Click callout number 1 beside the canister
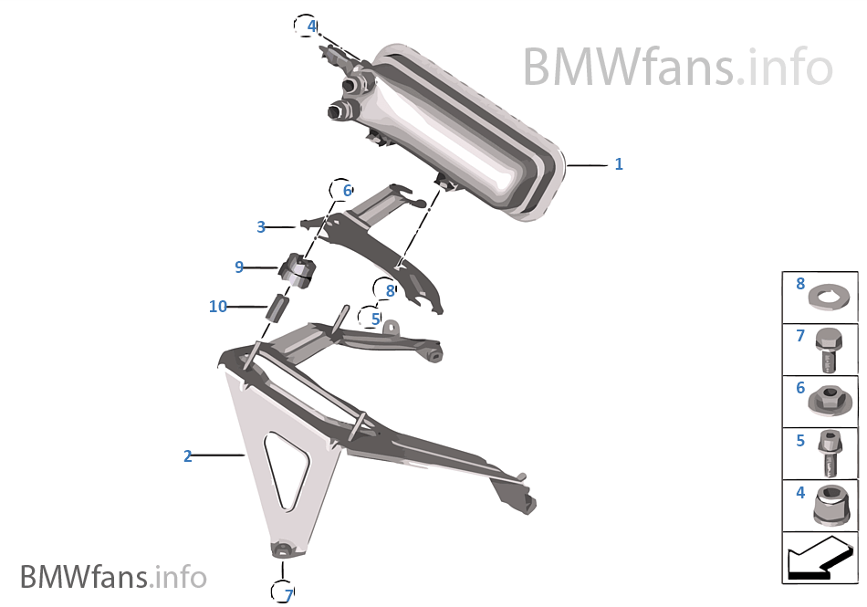[x=619, y=164]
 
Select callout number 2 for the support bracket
[x=188, y=456]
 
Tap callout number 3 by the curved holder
[x=261, y=226]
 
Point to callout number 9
[x=239, y=267]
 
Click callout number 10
[x=217, y=307]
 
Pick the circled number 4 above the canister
[x=311, y=26]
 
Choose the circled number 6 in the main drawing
[x=346, y=191]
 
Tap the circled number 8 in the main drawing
[x=390, y=290]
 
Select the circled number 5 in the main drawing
[x=375, y=319]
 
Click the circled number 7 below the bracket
[x=287, y=595]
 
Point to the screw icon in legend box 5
[x=830, y=454]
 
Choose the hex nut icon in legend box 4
[x=830, y=505]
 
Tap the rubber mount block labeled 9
[x=296, y=268]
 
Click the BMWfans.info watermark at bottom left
[x=113, y=577]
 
